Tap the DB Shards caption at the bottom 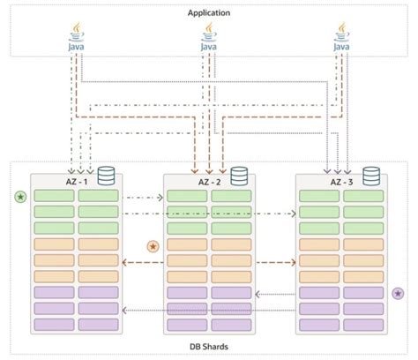point(208,348)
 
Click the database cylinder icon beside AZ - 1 point(108,176)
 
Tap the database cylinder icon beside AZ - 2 point(238,176)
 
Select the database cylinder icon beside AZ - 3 point(369,176)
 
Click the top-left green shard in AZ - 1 point(54,196)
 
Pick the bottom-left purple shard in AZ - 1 point(54,325)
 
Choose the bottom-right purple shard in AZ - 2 point(230,325)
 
